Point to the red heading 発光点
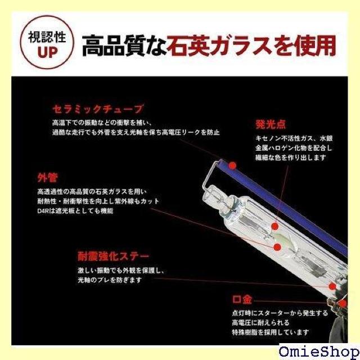point(269,124)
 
